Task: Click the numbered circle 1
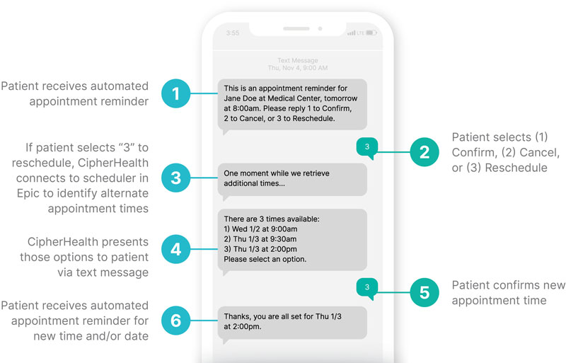[x=175, y=93]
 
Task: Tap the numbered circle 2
[x=424, y=152]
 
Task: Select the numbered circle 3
[x=175, y=178]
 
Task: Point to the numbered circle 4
[x=175, y=249]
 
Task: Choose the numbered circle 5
[x=424, y=292]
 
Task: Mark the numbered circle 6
[x=175, y=321]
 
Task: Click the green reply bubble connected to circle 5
[x=367, y=288]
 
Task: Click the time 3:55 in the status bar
[x=233, y=33]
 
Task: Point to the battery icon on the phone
[x=371, y=33]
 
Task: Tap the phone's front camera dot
[x=320, y=28]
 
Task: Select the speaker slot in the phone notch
[x=296, y=28]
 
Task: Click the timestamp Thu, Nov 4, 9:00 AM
[x=298, y=68]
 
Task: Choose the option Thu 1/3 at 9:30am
[x=265, y=239]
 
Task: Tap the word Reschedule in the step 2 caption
[x=516, y=168]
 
